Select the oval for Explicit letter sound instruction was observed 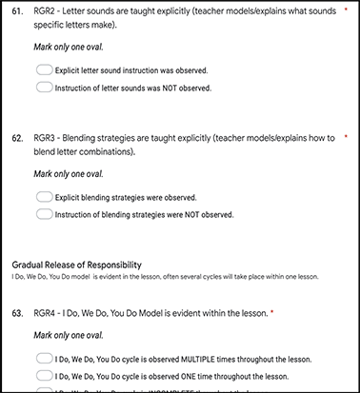tap(44, 70)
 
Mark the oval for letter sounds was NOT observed tap(44, 88)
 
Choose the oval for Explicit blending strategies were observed tap(44, 197)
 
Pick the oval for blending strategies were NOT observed tap(44, 214)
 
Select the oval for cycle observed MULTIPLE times tap(44, 358)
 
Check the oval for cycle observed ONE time tap(44, 375)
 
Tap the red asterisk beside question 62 tap(346, 138)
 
